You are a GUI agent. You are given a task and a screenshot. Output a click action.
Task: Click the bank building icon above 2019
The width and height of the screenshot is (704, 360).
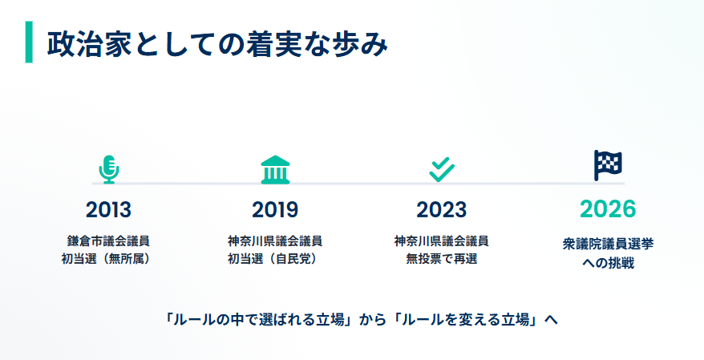pyautogui.click(x=275, y=168)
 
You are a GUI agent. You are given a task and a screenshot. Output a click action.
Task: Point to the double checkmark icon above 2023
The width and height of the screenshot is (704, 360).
pyautogui.click(x=441, y=168)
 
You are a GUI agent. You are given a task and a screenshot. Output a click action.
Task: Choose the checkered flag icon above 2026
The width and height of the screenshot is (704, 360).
pyautogui.click(x=608, y=165)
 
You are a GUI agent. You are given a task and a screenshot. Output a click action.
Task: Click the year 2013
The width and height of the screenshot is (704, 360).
pyautogui.click(x=108, y=210)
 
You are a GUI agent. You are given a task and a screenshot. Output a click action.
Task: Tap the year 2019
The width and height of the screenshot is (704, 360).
pyautogui.click(x=275, y=210)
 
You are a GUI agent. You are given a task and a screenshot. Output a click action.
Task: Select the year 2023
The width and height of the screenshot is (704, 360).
pyautogui.click(x=441, y=210)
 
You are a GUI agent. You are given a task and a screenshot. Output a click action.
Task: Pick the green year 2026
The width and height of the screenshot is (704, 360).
pyautogui.click(x=608, y=209)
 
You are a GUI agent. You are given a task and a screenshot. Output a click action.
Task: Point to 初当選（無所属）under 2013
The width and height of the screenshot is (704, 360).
pyautogui.click(x=108, y=258)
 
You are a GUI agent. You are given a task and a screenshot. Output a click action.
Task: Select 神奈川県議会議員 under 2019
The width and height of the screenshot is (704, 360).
pyautogui.click(x=275, y=241)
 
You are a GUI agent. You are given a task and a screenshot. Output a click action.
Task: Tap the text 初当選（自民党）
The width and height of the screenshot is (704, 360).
pyautogui.click(x=275, y=258)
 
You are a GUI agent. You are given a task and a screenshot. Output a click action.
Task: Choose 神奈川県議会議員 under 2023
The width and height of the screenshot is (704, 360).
pyautogui.click(x=441, y=241)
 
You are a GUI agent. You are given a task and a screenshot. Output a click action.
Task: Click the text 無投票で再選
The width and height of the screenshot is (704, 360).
pyautogui.click(x=441, y=258)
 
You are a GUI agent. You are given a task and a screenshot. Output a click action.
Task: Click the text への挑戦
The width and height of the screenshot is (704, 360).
pyautogui.click(x=608, y=262)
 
